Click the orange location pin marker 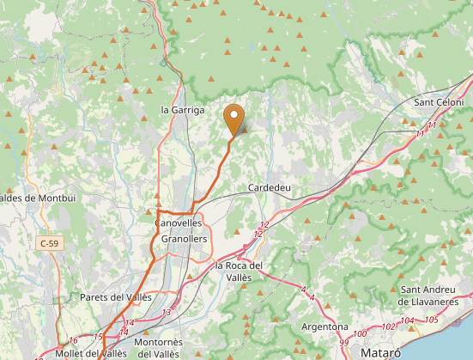pyautogui.click(x=233, y=119)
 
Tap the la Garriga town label pyautogui.click(x=183, y=110)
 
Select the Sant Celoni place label pyautogui.click(x=439, y=102)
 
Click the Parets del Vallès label pyautogui.click(x=115, y=297)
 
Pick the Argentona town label pyautogui.click(x=325, y=326)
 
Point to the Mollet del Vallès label pyautogui.click(x=91, y=353)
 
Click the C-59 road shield pyautogui.click(x=50, y=244)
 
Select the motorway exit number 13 pyautogui.click(x=166, y=312)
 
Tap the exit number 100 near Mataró pyautogui.click(x=360, y=333)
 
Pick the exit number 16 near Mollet pyautogui.click(x=74, y=339)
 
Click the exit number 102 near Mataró pyautogui.click(x=388, y=326)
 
